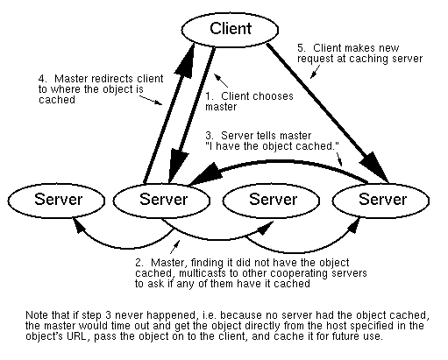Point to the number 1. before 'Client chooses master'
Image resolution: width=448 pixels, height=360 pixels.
210,96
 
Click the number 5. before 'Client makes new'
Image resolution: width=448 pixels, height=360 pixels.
302,47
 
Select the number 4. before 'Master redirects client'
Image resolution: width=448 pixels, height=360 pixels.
43,79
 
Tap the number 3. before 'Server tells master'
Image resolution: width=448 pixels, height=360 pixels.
210,136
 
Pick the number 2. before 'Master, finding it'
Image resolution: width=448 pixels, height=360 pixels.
139,263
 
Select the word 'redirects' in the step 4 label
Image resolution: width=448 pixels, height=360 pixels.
110,79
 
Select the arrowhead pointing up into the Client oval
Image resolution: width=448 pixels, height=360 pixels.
185,60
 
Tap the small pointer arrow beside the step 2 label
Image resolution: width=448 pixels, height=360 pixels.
174,247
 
